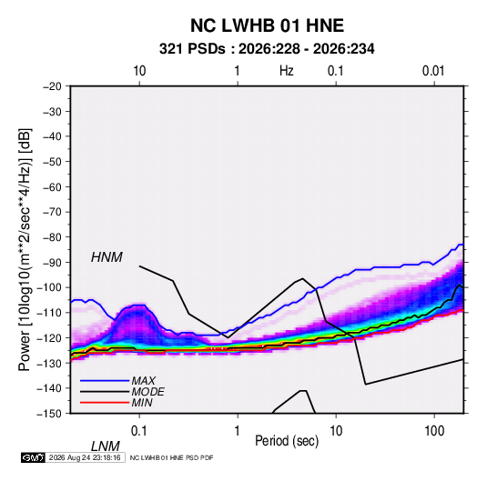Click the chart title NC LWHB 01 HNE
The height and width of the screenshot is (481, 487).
267,25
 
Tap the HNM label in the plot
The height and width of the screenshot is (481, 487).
107,257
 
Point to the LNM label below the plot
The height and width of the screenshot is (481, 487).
105,446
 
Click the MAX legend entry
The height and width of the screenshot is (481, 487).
143,380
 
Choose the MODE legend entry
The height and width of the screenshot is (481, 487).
147,392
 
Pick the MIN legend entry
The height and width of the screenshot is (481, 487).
142,403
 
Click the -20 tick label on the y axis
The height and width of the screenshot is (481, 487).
52,86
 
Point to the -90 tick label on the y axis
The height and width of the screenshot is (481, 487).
52,262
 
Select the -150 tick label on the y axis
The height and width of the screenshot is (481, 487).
49,414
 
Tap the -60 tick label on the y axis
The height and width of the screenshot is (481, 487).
52,186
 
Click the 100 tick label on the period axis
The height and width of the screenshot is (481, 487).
434,430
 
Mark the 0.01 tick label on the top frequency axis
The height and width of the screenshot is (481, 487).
433,71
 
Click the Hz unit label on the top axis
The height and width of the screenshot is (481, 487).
287,71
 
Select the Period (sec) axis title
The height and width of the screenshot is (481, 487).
287,441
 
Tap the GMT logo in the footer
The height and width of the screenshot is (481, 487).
34,457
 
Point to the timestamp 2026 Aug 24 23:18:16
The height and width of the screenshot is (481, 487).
85,457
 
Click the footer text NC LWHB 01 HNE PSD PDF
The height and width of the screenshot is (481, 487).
171,457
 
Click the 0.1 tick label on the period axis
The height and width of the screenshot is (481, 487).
139,430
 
